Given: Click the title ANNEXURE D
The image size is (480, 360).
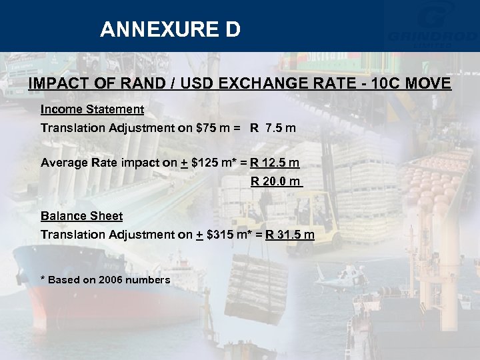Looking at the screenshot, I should tap(170, 29).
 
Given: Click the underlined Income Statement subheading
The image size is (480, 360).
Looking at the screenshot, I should tap(92, 109).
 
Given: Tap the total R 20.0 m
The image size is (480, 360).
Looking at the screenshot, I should tap(276, 181).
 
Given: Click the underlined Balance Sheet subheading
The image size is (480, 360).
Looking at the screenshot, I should tap(81, 215).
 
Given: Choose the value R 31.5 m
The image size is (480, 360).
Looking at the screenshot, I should tap(290, 234).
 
